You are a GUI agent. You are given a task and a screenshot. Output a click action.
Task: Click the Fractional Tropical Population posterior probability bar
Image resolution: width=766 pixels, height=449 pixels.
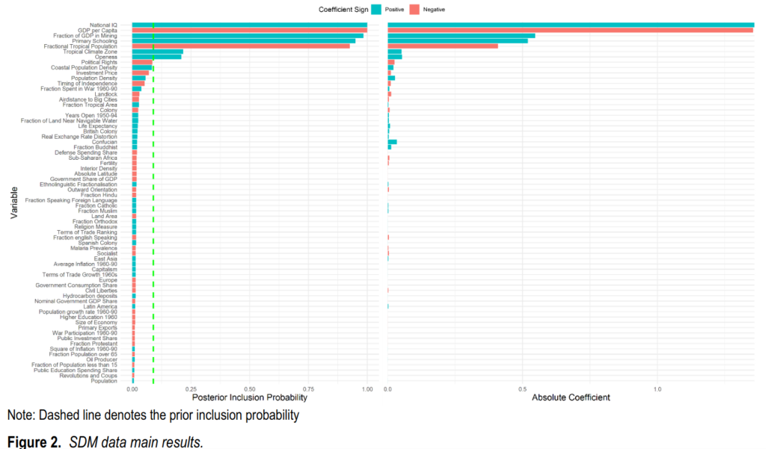pos(240,46)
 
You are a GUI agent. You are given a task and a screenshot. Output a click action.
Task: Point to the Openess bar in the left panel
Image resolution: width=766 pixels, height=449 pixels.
pos(156,57)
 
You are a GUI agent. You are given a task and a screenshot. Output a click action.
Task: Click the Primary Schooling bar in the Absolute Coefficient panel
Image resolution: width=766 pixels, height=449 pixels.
pos(457,41)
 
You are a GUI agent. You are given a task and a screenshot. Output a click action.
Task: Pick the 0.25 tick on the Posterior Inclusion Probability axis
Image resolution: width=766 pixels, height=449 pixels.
pos(191,389)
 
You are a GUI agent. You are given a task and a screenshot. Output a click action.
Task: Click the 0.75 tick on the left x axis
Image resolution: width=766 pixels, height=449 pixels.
pos(308,389)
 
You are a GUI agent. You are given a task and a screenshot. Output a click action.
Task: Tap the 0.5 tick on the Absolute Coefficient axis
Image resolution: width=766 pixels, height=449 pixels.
pos(522,389)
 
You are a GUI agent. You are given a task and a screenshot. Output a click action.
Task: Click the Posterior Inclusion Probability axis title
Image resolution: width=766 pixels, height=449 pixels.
pos(249,398)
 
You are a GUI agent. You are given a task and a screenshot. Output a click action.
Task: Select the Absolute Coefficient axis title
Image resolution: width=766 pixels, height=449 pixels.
pos(570,398)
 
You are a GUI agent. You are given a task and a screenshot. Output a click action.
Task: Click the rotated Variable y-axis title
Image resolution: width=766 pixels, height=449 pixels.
pos(14,202)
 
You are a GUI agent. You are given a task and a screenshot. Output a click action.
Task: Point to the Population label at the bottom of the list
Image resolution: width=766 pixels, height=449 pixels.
pos(104,381)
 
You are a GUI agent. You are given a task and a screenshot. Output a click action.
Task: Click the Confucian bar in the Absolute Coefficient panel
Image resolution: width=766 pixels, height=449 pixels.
pos(392,142)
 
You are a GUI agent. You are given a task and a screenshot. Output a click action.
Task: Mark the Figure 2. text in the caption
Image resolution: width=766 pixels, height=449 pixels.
pos(34,442)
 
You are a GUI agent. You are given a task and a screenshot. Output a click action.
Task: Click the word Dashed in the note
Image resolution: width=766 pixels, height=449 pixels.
pos(51,415)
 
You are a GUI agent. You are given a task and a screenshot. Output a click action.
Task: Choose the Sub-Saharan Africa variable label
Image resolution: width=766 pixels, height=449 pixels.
pos(93,158)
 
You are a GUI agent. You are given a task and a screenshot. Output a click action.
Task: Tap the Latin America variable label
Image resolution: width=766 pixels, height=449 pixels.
pos(100,306)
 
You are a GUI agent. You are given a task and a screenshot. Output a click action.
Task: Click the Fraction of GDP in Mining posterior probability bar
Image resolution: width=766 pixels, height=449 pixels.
pos(248,36)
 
